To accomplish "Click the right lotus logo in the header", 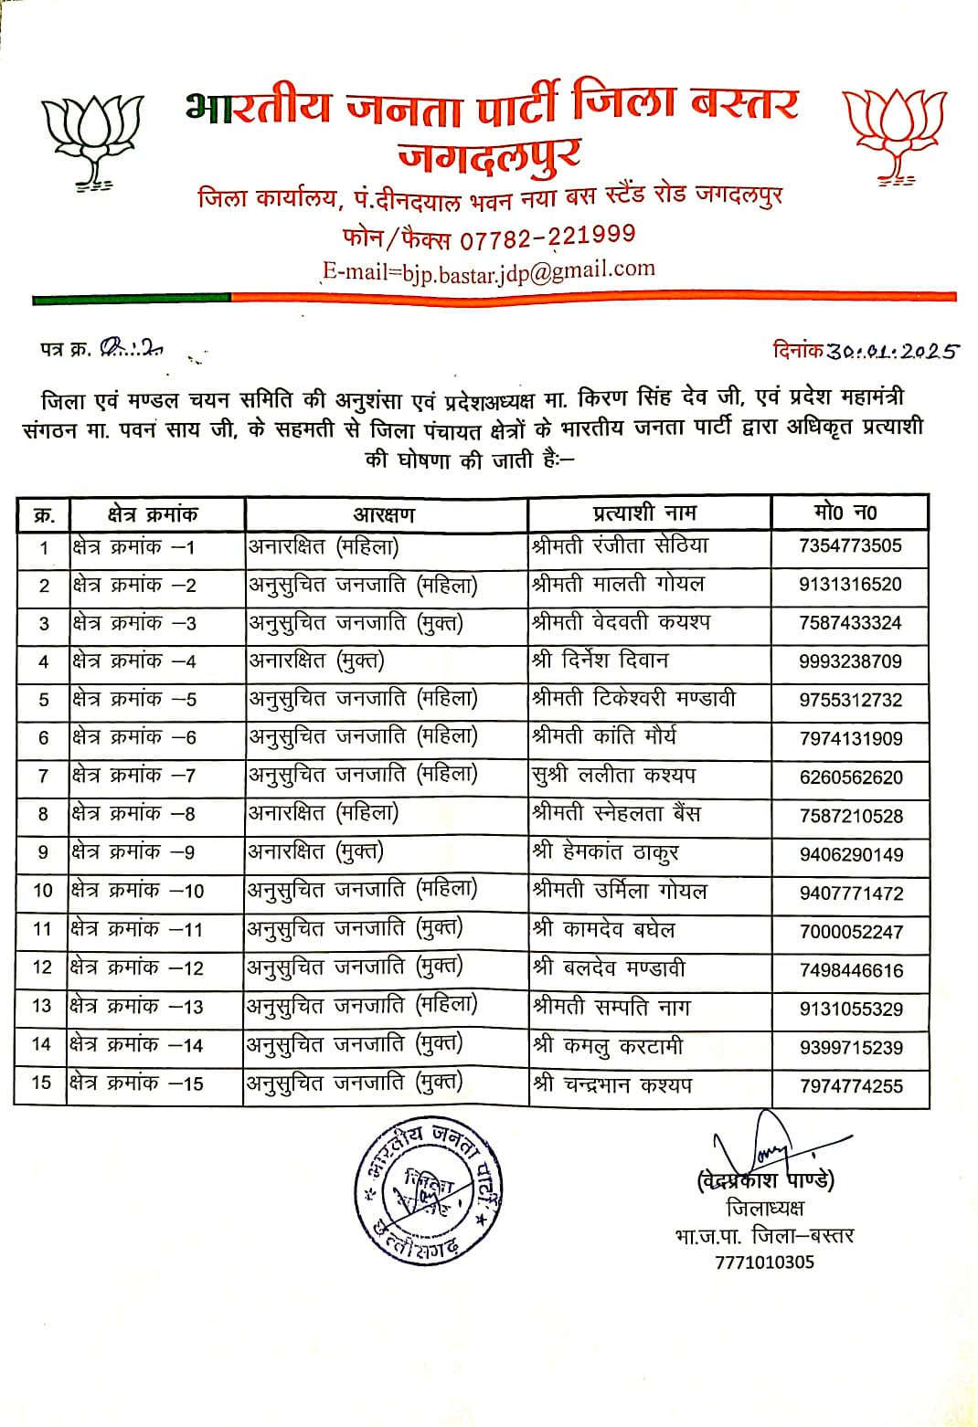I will [x=893, y=132].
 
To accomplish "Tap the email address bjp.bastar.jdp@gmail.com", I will [x=489, y=270].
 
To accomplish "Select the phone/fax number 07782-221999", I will [x=547, y=237].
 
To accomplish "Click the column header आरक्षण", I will [x=384, y=514].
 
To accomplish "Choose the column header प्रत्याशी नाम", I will [x=644, y=513].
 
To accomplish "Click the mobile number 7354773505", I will [x=850, y=546].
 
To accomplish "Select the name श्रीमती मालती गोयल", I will [x=618, y=584].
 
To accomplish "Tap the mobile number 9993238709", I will [x=850, y=661].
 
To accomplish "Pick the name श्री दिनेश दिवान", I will [x=601, y=661].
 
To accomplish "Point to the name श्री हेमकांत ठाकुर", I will [x=605, y=852].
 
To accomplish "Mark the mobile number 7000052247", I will [x=850, y=932].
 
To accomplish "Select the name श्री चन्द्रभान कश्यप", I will [x=612, y=1085].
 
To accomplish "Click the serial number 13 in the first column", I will [x=42, y=1006].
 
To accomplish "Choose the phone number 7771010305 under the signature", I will [x=764, y=1263].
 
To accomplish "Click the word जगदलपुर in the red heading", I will [x=489, y=155].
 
